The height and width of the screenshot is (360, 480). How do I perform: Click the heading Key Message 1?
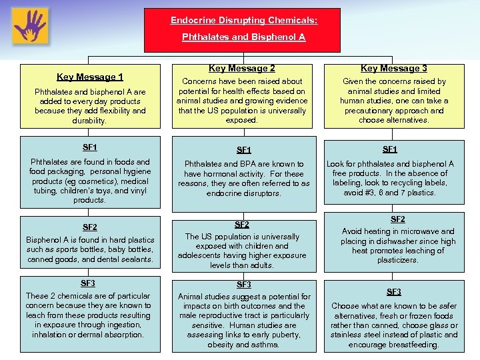coord(90,77)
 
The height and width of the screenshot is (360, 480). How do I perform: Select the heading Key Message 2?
coord(241,68)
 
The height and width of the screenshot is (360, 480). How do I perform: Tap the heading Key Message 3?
coord(393,68)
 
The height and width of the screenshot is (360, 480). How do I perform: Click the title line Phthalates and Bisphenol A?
coord(243,37)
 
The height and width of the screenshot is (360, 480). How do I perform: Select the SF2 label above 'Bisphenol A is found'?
coord(89,227)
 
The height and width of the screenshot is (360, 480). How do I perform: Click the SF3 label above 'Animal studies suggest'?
coord(243,285)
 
